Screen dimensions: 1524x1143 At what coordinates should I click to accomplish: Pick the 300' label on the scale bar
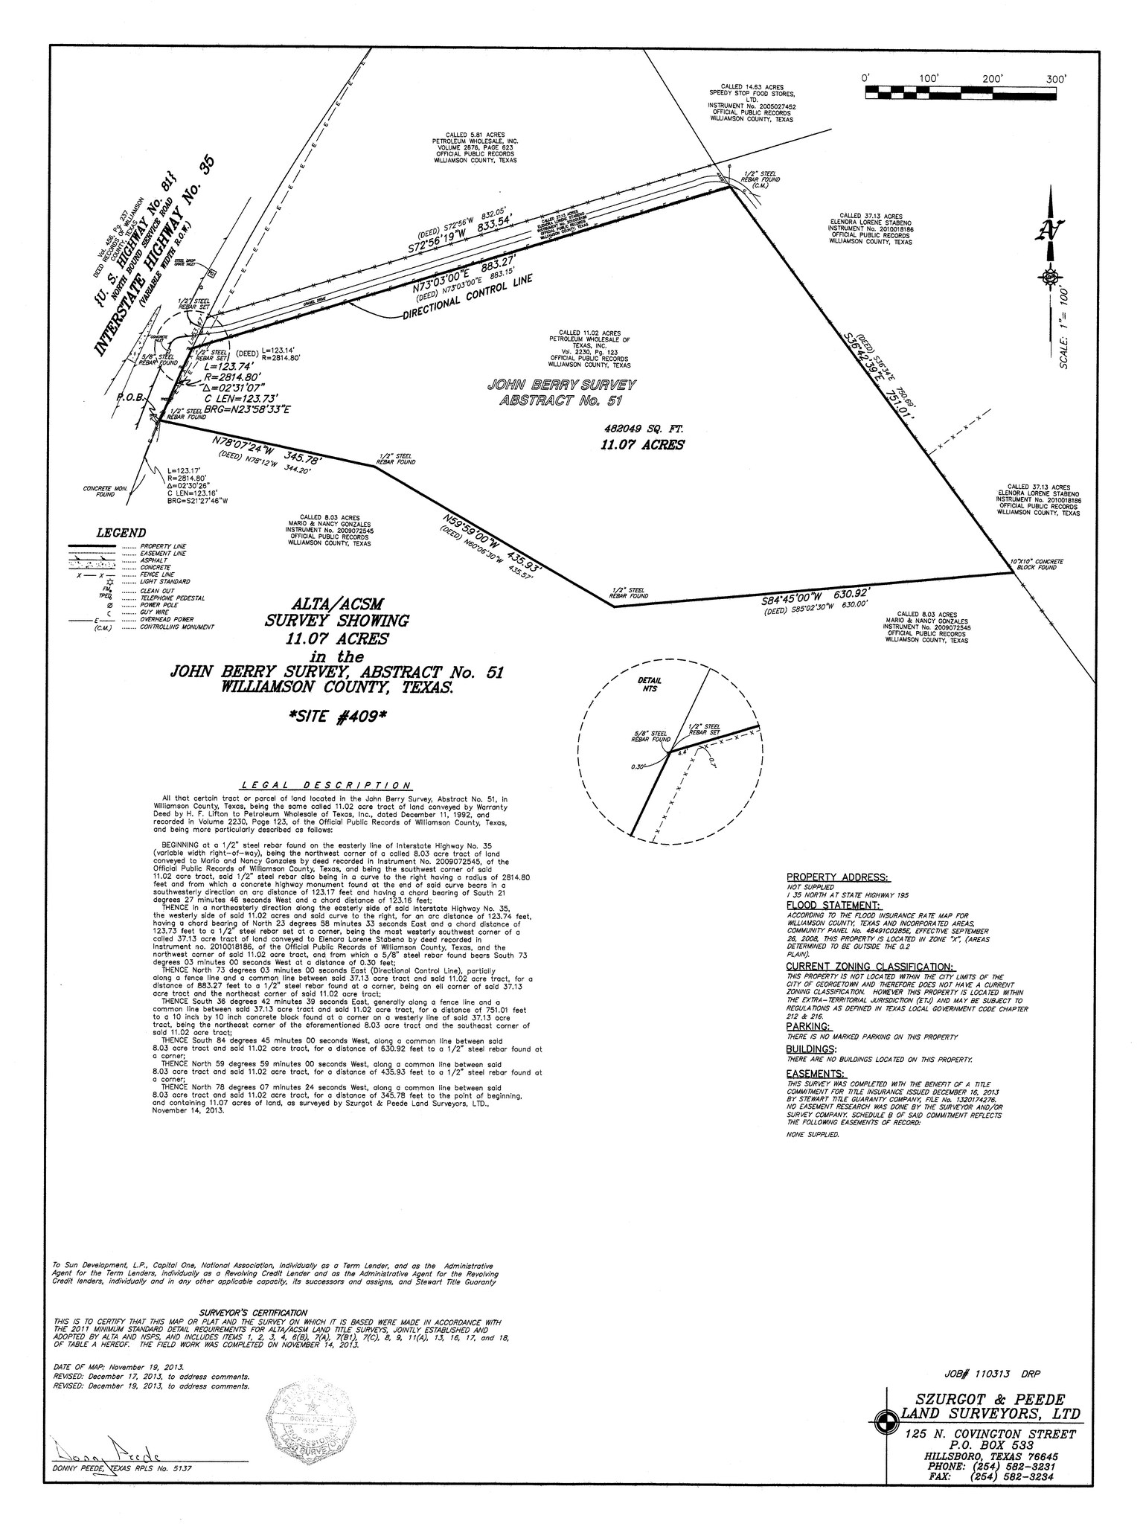pyautogui.click(x=1055, y=79)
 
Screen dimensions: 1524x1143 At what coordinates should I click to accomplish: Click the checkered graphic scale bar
pyautogui.click(x=961, y=93)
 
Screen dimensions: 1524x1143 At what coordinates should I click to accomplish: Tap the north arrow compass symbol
pyautogui.click(x=1049, y=246)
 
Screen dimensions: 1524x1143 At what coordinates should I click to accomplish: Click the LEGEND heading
pyautogui.click(x=121, y=533)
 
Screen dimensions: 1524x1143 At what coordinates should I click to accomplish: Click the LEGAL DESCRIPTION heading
pyautogui.click(x=326, y=786)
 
